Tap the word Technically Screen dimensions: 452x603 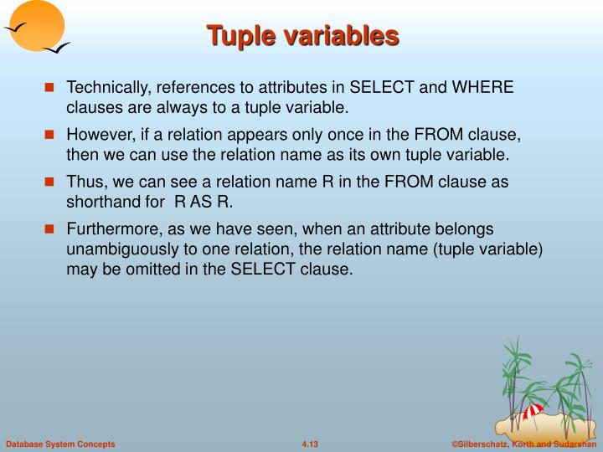(106, 88)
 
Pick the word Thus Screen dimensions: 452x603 (85, 182)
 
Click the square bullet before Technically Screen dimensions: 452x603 (50, 88)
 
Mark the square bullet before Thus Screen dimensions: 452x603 (50, 182)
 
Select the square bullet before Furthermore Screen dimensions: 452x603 (50, 229)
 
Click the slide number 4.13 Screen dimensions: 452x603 (310, 443)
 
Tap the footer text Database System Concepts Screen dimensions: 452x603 (60, 443)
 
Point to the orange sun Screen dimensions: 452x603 (38, 23)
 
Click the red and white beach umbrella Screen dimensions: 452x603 (533, 410)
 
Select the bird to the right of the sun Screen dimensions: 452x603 (57, 49)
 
